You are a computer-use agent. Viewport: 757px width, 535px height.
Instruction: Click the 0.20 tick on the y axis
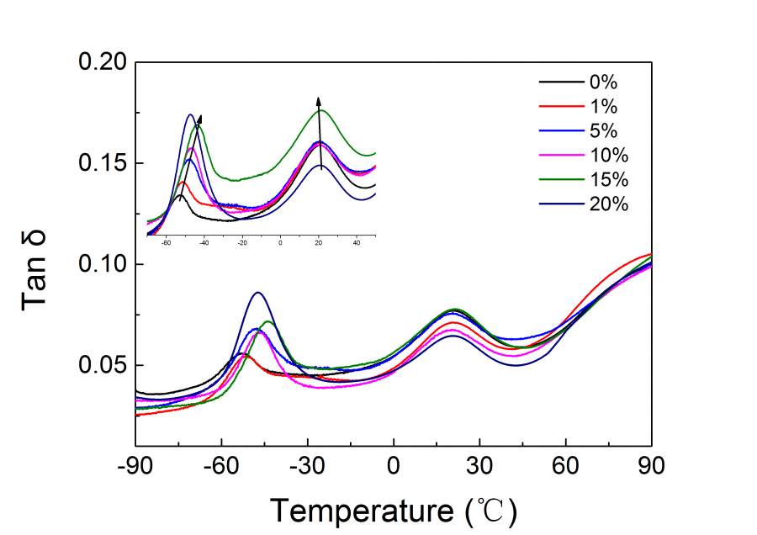[x=103, y=62]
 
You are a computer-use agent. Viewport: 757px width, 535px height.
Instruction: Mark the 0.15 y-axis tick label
[x=103, y=163]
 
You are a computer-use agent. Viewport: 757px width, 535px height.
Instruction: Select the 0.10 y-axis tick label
[x=103, y=264]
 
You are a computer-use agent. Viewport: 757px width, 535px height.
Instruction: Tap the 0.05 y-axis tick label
[x=103, y=366]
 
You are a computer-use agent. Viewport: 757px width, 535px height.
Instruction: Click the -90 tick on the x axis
[x=135, y=465]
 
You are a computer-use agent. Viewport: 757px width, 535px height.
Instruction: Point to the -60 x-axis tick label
[x=221, y=465]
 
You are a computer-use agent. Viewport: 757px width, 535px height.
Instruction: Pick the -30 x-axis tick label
[x=307, y=465]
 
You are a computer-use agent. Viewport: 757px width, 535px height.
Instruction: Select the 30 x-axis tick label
[x=479, y=465]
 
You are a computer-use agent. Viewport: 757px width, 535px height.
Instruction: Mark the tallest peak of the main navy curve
[x=258, y=293]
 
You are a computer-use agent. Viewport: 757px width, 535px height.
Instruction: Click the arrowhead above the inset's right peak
[x=318, y=100]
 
